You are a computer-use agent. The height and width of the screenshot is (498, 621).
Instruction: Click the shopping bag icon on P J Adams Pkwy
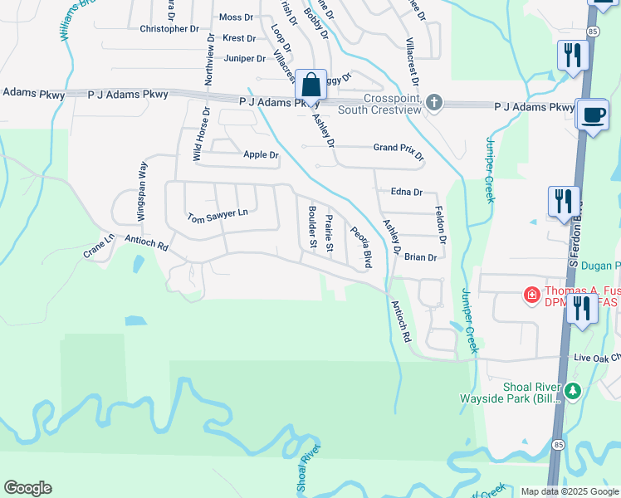click(310, 85)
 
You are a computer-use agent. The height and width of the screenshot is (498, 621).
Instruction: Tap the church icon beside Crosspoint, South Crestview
click(433, 102)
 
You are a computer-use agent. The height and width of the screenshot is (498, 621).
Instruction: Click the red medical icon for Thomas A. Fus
click(531, 294)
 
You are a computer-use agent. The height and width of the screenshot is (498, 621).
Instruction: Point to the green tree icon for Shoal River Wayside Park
click(572, 389)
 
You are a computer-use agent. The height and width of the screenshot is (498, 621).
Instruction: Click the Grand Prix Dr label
click(399, 151)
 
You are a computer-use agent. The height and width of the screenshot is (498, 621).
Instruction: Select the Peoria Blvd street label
click(361, 247)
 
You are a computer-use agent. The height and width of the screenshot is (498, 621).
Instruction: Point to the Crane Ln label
click(99, 245)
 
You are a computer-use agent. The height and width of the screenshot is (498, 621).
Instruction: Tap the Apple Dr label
click(261, 154)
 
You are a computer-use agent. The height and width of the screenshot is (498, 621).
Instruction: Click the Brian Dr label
click(420, 257)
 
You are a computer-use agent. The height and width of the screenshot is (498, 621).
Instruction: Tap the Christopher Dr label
click(169, 28)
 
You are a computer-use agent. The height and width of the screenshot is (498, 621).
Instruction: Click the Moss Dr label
click(237, 17)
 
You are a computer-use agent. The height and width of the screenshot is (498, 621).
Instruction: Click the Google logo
click(27, 488)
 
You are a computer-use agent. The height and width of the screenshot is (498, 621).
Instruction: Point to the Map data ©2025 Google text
click(569, 491)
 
